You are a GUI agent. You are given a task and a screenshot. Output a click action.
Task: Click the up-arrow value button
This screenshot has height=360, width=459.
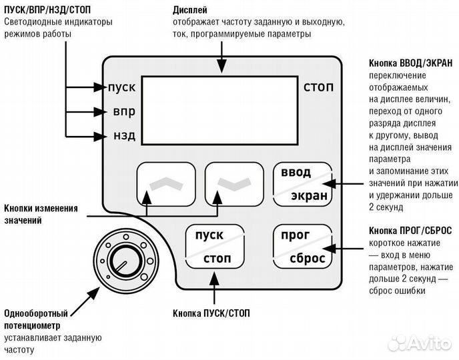[x=166, y=185]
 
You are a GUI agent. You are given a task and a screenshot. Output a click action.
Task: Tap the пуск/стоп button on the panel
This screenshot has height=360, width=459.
[x=213, y=247]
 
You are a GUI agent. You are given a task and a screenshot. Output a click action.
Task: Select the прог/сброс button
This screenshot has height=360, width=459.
[x=302, y=247]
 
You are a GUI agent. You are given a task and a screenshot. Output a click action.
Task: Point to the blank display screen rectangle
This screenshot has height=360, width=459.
[x=219, y=110]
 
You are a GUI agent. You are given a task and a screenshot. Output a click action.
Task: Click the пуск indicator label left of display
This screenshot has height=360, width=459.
[x=121, y=87]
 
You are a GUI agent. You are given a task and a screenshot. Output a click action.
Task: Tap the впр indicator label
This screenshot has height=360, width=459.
[x=124, y=112]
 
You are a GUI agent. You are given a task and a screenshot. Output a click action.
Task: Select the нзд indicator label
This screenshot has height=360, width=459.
[x=124, y=136]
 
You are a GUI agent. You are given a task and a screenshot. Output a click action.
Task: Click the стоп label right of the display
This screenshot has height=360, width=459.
[x=318, y=87]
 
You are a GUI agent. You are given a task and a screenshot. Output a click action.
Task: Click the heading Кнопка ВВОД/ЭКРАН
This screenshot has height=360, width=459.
[x=410, y=63]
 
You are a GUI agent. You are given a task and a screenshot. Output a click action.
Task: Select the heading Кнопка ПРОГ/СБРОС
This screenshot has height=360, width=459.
[x=410, y=230]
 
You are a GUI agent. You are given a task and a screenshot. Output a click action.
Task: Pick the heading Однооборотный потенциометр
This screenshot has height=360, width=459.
[x=45, y=320]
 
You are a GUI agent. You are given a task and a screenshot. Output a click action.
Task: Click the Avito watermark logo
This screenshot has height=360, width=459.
[x=420, y=343]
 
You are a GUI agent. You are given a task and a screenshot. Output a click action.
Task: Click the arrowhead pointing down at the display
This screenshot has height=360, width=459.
[x=219, y=69]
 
